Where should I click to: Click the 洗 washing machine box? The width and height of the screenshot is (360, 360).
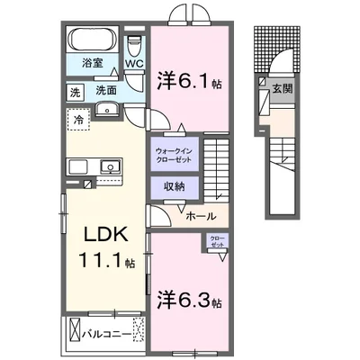point(76,91)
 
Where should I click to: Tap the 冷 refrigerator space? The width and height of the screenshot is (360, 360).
point(78,117)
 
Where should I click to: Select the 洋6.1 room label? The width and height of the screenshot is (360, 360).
point(188,80)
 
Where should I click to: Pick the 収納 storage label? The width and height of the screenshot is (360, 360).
point(174,186)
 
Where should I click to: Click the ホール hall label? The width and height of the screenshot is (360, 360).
point(201,216)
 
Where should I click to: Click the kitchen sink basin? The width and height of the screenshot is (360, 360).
point(112,166)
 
